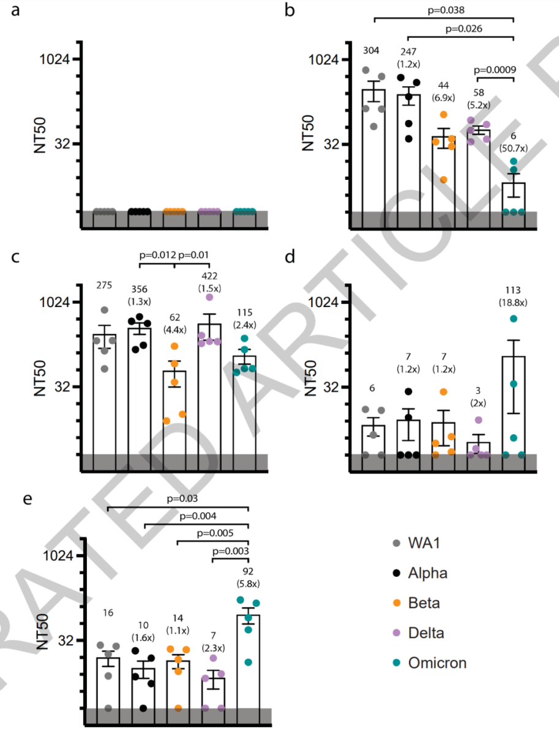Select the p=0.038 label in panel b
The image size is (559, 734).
[x=444, y=9]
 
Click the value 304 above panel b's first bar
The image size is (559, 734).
[x=373, y=50]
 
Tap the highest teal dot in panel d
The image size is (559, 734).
[x=514, y=319]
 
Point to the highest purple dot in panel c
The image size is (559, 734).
[x=209, y=297]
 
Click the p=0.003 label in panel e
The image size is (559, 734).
[x=230, y=550]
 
